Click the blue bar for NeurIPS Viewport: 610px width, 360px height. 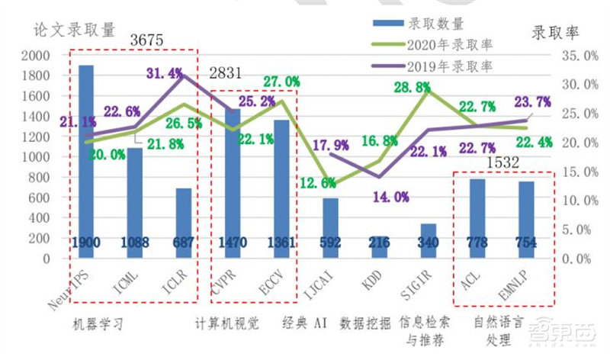tap(86, 160)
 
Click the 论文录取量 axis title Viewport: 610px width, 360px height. tap(75, 30)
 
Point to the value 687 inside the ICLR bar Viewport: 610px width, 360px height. tap(183, 243)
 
